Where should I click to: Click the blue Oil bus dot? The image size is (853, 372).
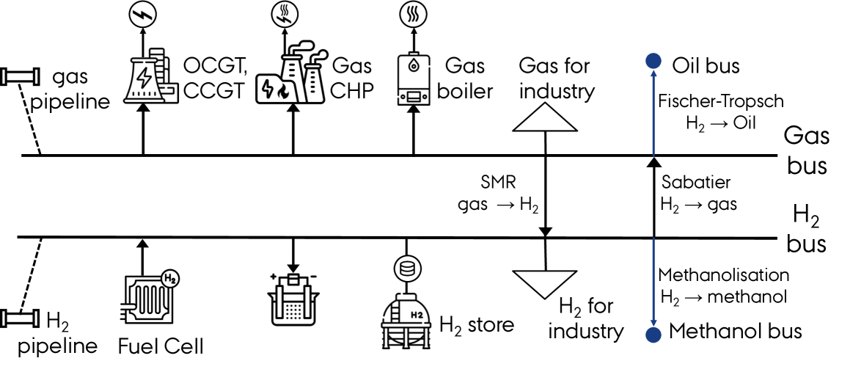coord(649,62)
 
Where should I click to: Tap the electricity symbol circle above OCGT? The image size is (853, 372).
coord(143,14)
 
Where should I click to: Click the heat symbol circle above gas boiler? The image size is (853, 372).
coord(414,14)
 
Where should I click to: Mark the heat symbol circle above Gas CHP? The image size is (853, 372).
coord(282,14)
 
